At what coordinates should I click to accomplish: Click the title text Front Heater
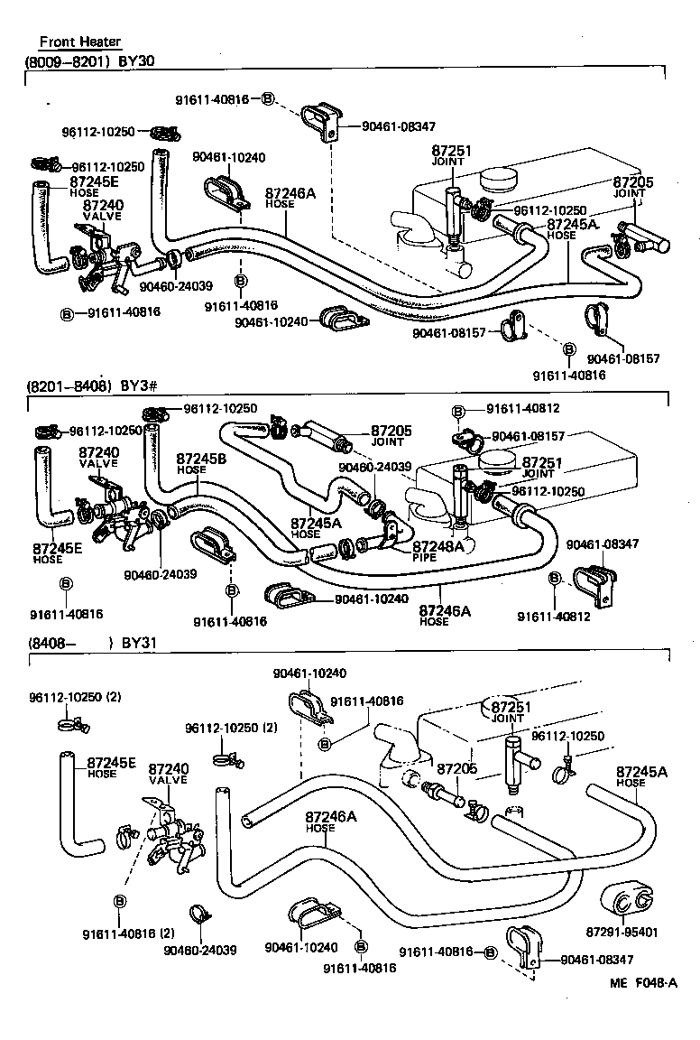(79, 42)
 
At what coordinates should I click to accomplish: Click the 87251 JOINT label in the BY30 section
(452, 156)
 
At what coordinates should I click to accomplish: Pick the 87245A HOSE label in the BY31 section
(641, 776)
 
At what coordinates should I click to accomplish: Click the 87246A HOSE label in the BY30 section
(290, 198)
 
